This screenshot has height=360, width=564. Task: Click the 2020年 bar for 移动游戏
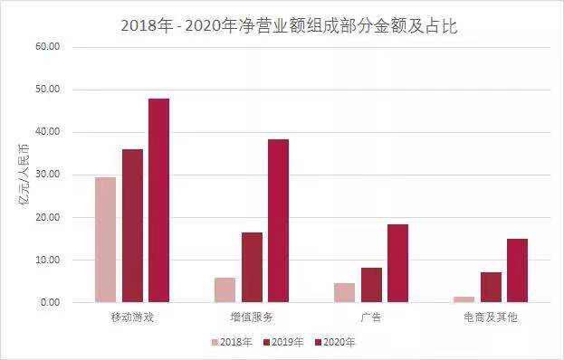(158, 200)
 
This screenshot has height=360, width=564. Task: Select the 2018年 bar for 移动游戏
(105, 240)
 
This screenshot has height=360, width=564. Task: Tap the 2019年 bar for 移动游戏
(132, 225)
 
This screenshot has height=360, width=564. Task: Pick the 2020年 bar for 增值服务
(278, 221)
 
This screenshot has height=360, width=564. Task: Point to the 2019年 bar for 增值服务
(252, 267)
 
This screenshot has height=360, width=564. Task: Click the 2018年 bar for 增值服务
(225, 289)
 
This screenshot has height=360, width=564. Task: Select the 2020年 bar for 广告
(397, 263)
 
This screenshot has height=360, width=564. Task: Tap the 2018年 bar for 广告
(344, 292)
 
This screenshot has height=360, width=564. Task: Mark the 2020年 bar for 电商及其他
(517, 270)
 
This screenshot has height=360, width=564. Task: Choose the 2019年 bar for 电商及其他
(491, 287)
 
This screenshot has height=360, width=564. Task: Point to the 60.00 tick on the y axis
(47, 47)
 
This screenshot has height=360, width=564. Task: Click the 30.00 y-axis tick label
(47, 175)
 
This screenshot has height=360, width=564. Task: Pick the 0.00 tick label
(50, 302)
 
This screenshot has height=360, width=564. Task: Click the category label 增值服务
(251, 317)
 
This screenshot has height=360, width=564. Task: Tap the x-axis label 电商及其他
(490, 317)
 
